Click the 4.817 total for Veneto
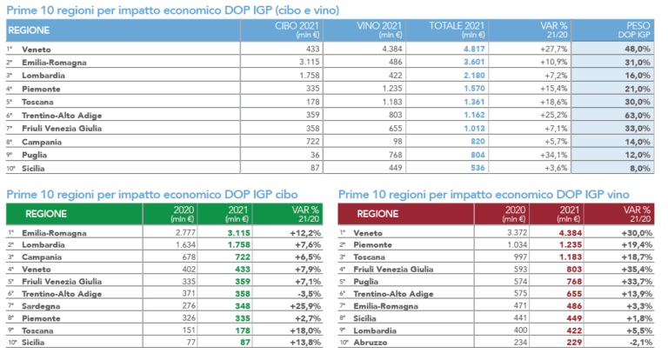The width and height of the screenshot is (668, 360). (468, 50)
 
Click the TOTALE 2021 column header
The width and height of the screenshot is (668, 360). (457, 31)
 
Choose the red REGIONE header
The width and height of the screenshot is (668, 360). (380, 212)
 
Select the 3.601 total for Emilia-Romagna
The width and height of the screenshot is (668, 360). (468, 63)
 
